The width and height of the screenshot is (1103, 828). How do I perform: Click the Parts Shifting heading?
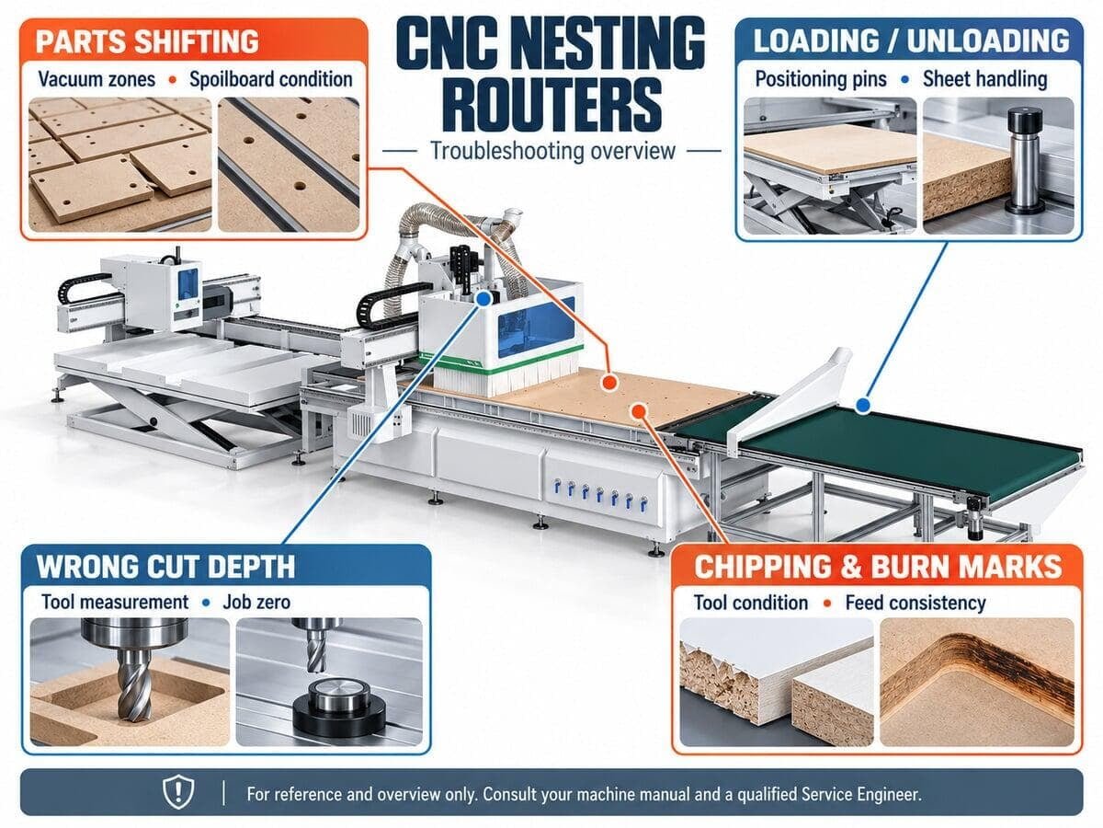pyautogui.click(x=147, y=41)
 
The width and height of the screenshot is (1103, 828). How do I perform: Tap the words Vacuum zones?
pyautogui.click(x=97, y=79)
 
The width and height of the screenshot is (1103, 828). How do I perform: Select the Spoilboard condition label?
pyautogui.click(x=271, y=79)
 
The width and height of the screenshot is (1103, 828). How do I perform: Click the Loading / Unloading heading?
pyautogui.click(x=911, y=40)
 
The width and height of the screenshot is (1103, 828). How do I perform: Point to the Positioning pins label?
pyautogui.click(x=821, y=79)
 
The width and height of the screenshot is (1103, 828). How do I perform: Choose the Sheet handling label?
pyautogui.click(x=985, y=79)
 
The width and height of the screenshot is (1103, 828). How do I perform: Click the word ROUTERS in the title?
pyautogui.click(x=553, y=106)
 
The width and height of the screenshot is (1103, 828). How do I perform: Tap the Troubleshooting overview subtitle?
pyautogui.click(x=552, y=151)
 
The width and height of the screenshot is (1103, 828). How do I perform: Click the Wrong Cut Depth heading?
pyautogui.click(x=165, y=567)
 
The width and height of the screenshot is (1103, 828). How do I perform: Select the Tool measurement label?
pyautogui.click(x=115, y=603)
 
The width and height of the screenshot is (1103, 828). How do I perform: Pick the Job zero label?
pyautogui.click(x=256, y=603)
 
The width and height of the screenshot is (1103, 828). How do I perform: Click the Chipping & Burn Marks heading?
pyautogui.click(x=878, y=567)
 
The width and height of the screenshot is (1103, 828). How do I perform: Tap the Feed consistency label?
pyautogui.click(x=915, y=603)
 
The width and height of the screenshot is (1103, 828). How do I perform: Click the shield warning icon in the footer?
pyautogui.click(x=179, y=792)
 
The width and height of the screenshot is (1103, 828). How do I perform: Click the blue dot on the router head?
pyautogui.click(x=483, y=299)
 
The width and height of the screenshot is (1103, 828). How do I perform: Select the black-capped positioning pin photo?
pyautogui.click(x=998, y=166)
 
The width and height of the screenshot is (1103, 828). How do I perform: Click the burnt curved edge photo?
pyautogui.click(x=976, y=683)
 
